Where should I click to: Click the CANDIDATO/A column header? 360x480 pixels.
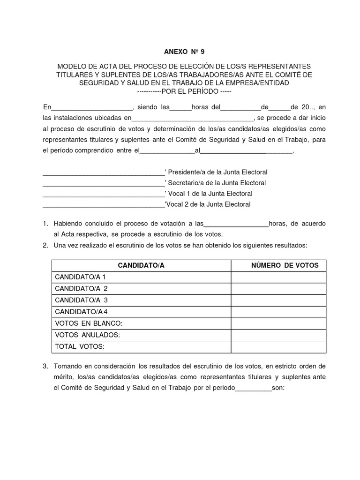141,265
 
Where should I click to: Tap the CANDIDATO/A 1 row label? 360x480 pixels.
80,277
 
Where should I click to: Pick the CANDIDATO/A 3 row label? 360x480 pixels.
81,300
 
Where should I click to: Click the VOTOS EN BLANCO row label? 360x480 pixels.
89,323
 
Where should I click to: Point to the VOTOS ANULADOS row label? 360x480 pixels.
88,335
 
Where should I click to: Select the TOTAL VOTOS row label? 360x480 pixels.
80,346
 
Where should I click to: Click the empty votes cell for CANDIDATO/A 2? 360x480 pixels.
278,289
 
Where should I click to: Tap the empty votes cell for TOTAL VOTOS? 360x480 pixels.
278,346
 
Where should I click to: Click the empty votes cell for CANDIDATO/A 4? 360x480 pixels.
278,312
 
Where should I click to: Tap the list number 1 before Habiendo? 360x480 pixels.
45,224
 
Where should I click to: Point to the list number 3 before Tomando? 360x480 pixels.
45,366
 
